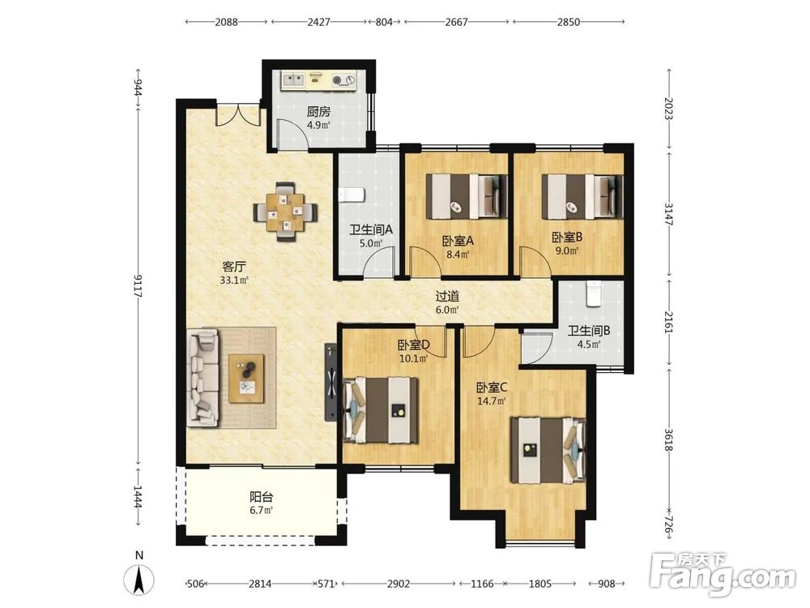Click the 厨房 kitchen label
(318, 111)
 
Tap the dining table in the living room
(286, 212)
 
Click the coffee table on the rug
(246, 378)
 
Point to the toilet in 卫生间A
(352, 195)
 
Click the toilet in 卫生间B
(594, 293)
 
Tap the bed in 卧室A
(466, 196)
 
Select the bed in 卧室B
(582, 196)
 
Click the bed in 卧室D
(380, 410)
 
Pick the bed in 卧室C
(548, 450)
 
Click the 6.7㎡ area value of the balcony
(262, 510)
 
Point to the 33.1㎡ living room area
(235, 280)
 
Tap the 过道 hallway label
(447, 296)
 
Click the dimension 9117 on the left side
(138, 285)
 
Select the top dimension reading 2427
(318, 22)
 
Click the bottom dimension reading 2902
(399, 584)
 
